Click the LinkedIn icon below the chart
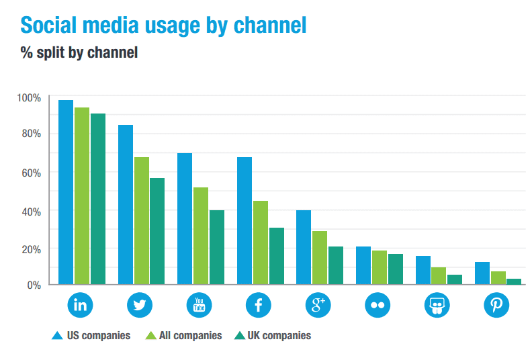coord(81,306)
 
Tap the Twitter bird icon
coord(140,306)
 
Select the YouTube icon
coord(199,306)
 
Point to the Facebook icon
coord(259,306)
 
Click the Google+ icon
coord(318,306)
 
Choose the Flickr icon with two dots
coord(378,306)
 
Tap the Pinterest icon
coord(496,306)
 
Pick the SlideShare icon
coord(437,306)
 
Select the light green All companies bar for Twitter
coord(142,221)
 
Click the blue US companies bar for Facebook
coord(245,221)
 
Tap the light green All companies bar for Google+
coord(320,258)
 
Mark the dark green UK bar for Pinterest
coord(514,281)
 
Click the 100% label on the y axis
coord(29,98)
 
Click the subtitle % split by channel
coord(79,52)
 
